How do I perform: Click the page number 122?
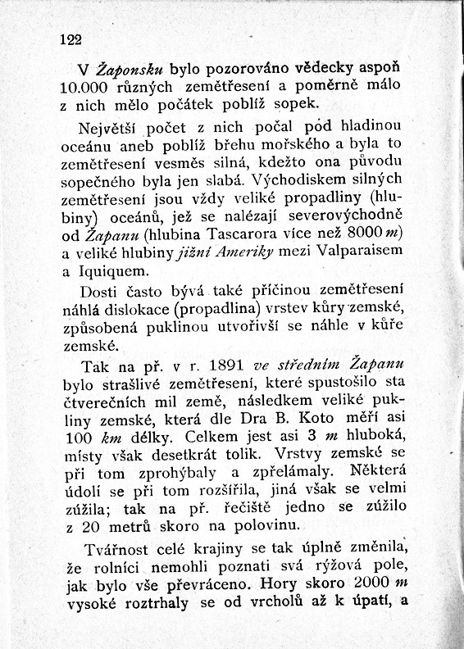tap(71, 39)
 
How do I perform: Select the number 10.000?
tap(89, 88)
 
